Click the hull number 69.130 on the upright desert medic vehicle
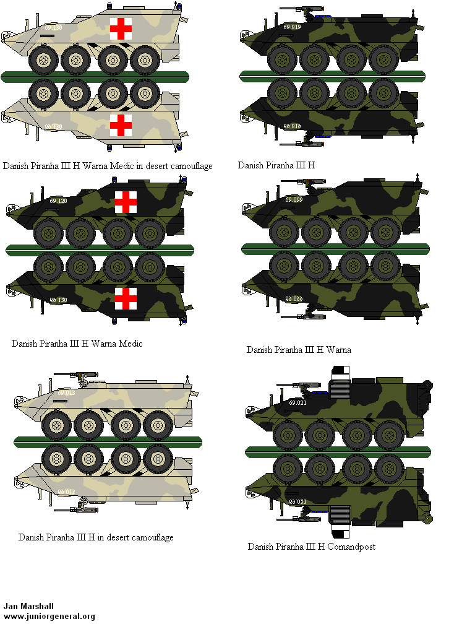[x=53, y=28]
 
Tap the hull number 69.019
[x=292, y=27]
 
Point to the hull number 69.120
[x=58, y=201]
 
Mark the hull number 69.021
[x=298, y=403]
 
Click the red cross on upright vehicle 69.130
[x=121, y=28]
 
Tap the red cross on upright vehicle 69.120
[x=126, y=202]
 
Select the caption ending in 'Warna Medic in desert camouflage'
[x=108, y=166]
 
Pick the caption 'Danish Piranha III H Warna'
[x=299, y=350]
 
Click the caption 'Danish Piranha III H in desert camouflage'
[x=96, y=537]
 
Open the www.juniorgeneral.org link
[x=49, y=616]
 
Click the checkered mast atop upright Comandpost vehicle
[x=341, y=373]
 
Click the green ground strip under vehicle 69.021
[x=337, y=451]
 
